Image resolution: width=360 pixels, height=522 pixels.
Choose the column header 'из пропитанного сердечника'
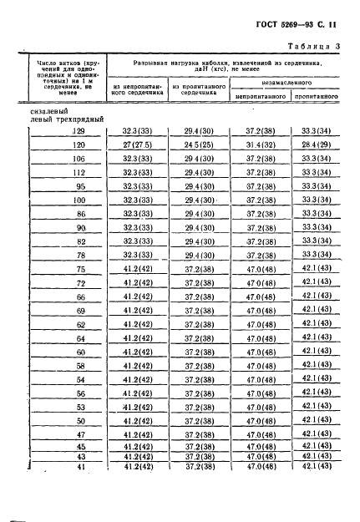pos(196,89)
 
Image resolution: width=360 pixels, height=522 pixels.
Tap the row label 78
pos(80,255)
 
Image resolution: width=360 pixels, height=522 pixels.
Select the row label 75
pos(80,269)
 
